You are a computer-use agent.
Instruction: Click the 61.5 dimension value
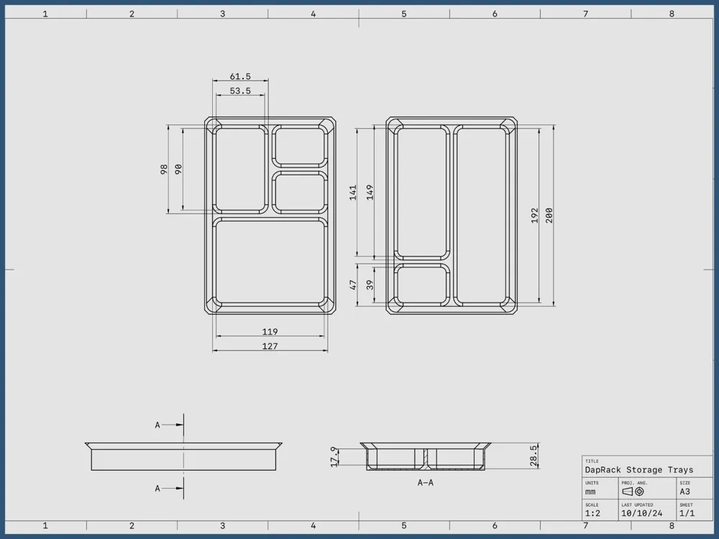(x=240, y=77)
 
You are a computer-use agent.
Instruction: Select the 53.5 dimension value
(x=240, y=91)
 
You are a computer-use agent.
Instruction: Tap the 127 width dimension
(x=270, y=346)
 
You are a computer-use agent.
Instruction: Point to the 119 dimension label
(x=270, y=331)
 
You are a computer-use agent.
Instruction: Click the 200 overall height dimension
(x=549, y=216)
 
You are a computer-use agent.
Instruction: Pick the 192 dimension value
(x=534, y=216)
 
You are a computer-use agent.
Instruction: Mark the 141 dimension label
(x=352, y=193)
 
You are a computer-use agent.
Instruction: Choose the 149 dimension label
(x=370, y=193)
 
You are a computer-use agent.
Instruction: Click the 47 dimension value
(x=352, y=285)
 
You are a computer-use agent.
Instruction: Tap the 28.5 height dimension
(x=533, y=456)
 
